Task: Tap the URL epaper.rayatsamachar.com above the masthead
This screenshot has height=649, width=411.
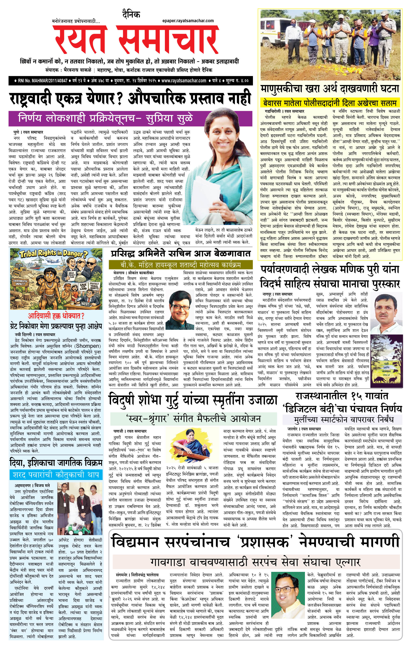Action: pos(188,21)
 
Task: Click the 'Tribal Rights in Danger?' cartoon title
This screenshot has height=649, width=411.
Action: pos(54,254)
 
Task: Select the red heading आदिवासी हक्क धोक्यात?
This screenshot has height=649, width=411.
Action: pos(56,316)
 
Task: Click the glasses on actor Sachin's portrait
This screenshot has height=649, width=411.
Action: pos(179,306)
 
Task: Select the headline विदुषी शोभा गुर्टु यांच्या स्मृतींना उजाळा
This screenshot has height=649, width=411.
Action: pos(193,400)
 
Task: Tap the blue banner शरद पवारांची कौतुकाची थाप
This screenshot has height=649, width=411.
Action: pos(56,475)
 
